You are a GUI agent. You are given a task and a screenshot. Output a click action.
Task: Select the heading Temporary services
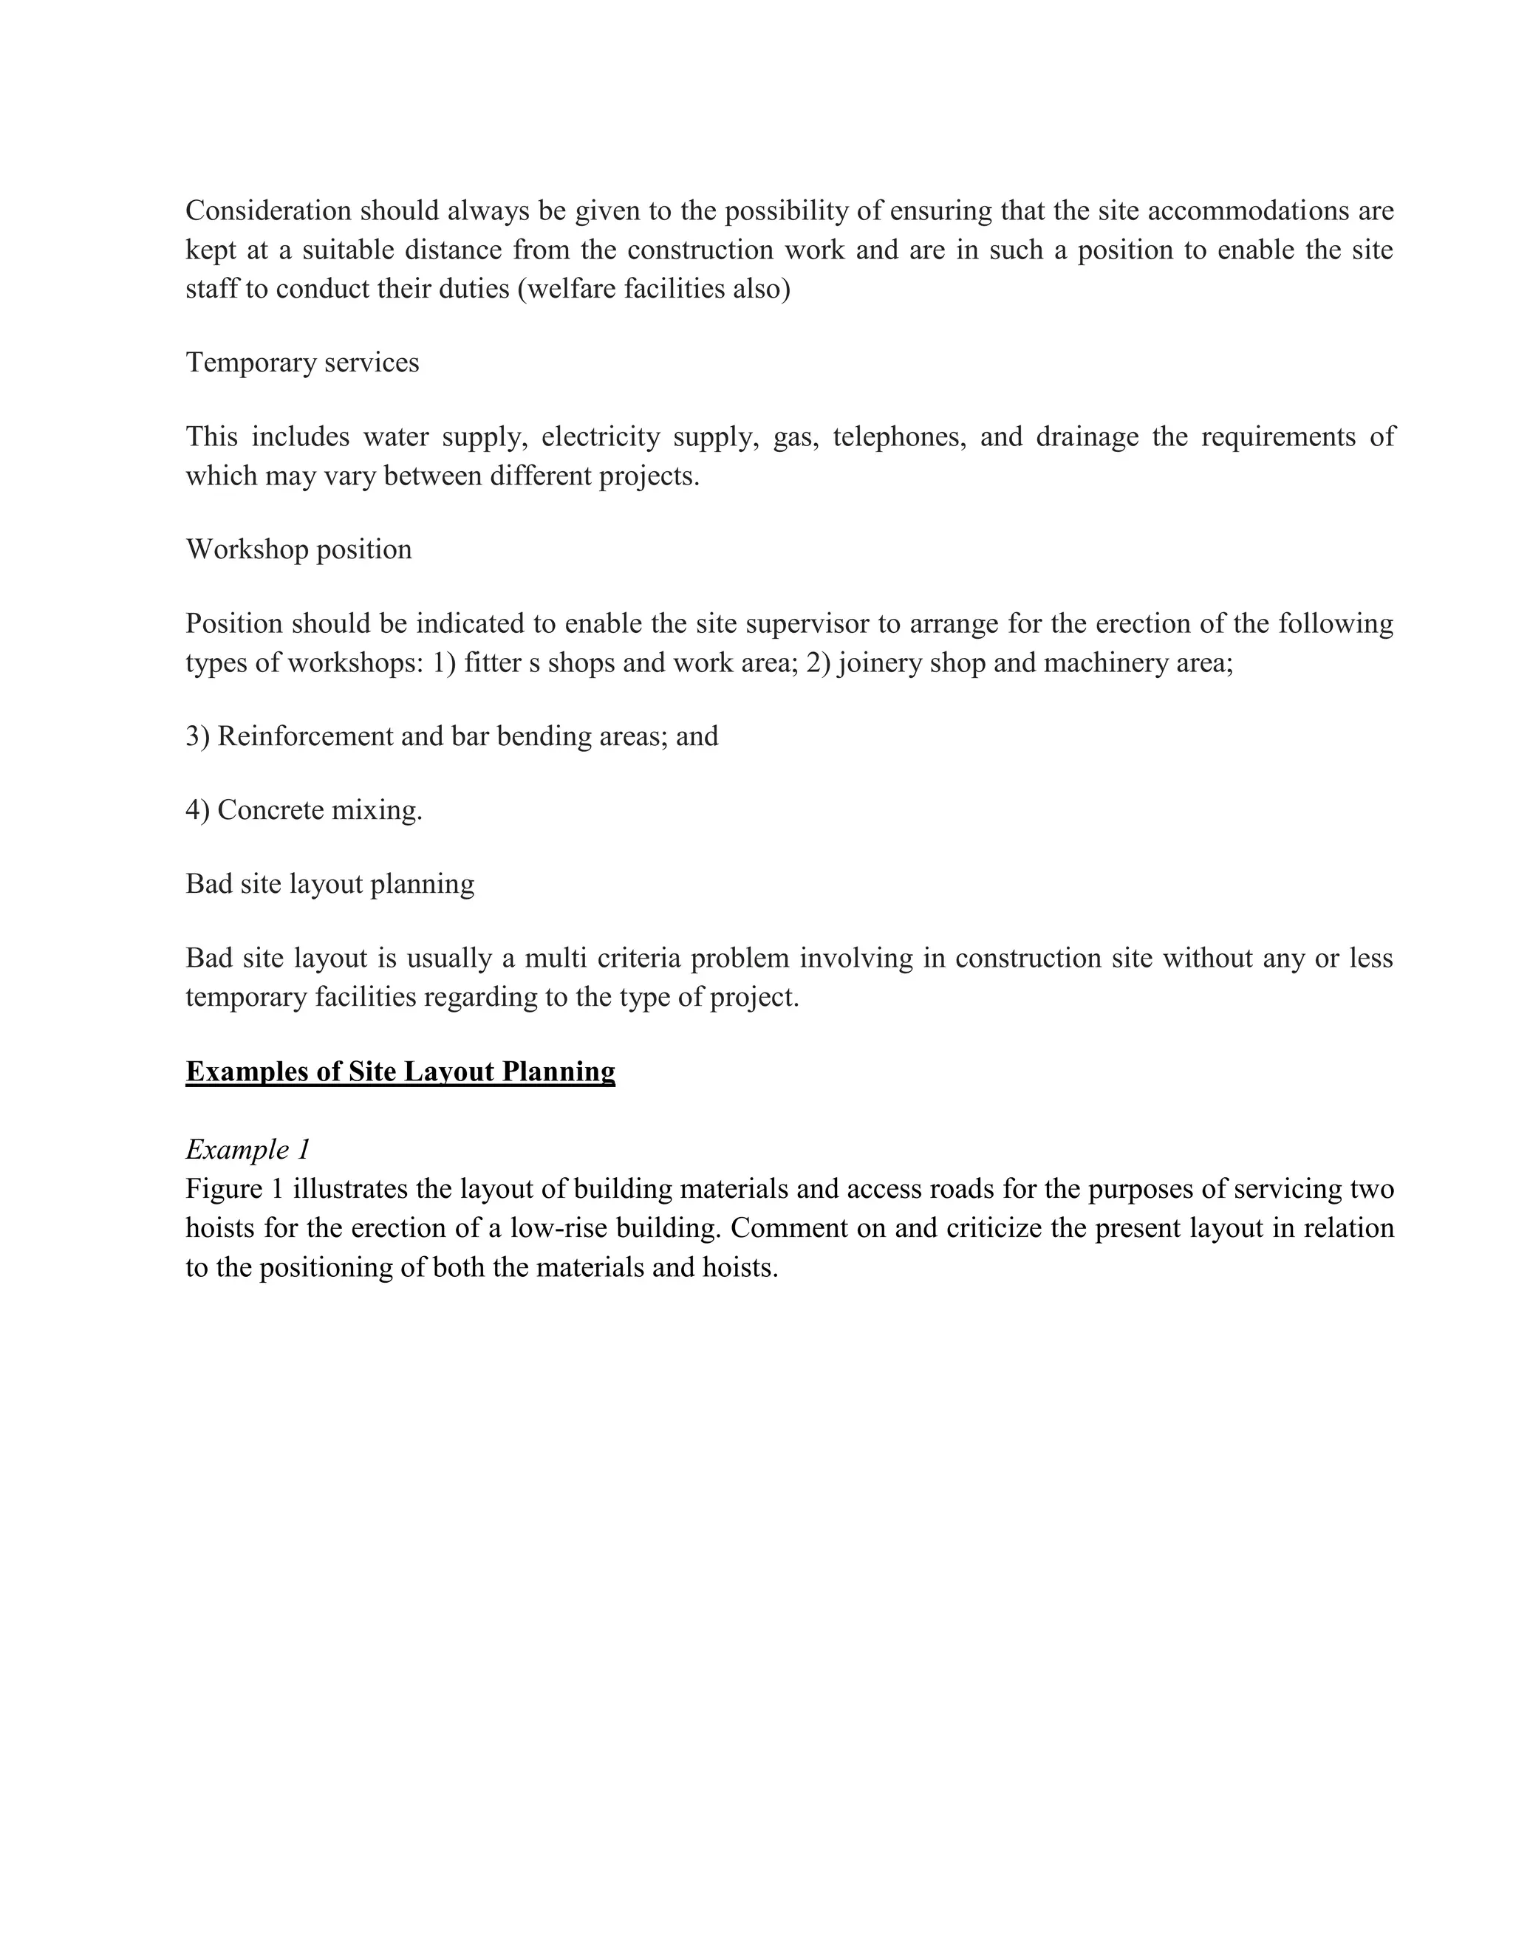[x=302, y=362]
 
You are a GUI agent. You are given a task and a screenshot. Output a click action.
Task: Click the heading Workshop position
[x=298, y=549]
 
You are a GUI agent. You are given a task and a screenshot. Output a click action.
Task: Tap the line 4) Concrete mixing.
[x=304, y=810]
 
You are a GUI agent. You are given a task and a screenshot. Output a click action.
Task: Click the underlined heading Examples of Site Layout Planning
[x=400, y=1072]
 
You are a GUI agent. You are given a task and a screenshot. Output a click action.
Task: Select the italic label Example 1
[x=247, y=1149]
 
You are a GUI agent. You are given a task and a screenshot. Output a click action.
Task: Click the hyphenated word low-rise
[x=559, y=1227]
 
